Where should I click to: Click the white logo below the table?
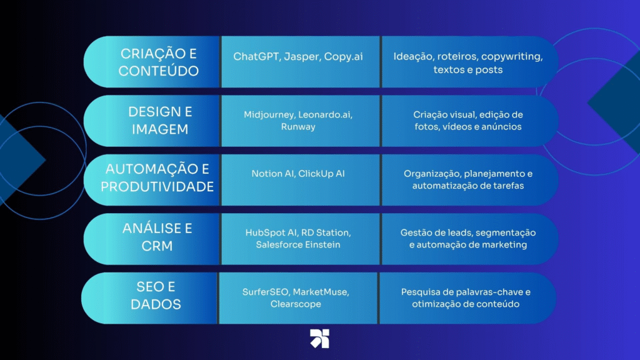click(x=319, y=338)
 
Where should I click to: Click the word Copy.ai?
click(x=343, y=57)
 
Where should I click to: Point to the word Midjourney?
click(x=269, y=115)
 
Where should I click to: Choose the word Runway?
click(x=298, y=127)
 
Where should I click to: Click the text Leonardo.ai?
click(x=325, y=115)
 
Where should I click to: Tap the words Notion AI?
click(x=272, y=174)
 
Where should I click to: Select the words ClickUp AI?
click(x=322, y=174)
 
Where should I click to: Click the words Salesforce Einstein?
click(x=298, y=244)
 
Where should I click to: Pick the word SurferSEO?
click(x=266, y=292)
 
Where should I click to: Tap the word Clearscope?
click(x=296, y=304)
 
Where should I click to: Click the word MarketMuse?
click(x=321, y=292)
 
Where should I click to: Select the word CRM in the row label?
click(x=157, y=246)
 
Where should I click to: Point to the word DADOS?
click(x=156, y=304)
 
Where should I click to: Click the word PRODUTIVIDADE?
click(x=157, y=186)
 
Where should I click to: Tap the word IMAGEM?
click(x=160, y=129)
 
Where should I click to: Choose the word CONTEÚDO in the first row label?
click(x=159, y=71)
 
